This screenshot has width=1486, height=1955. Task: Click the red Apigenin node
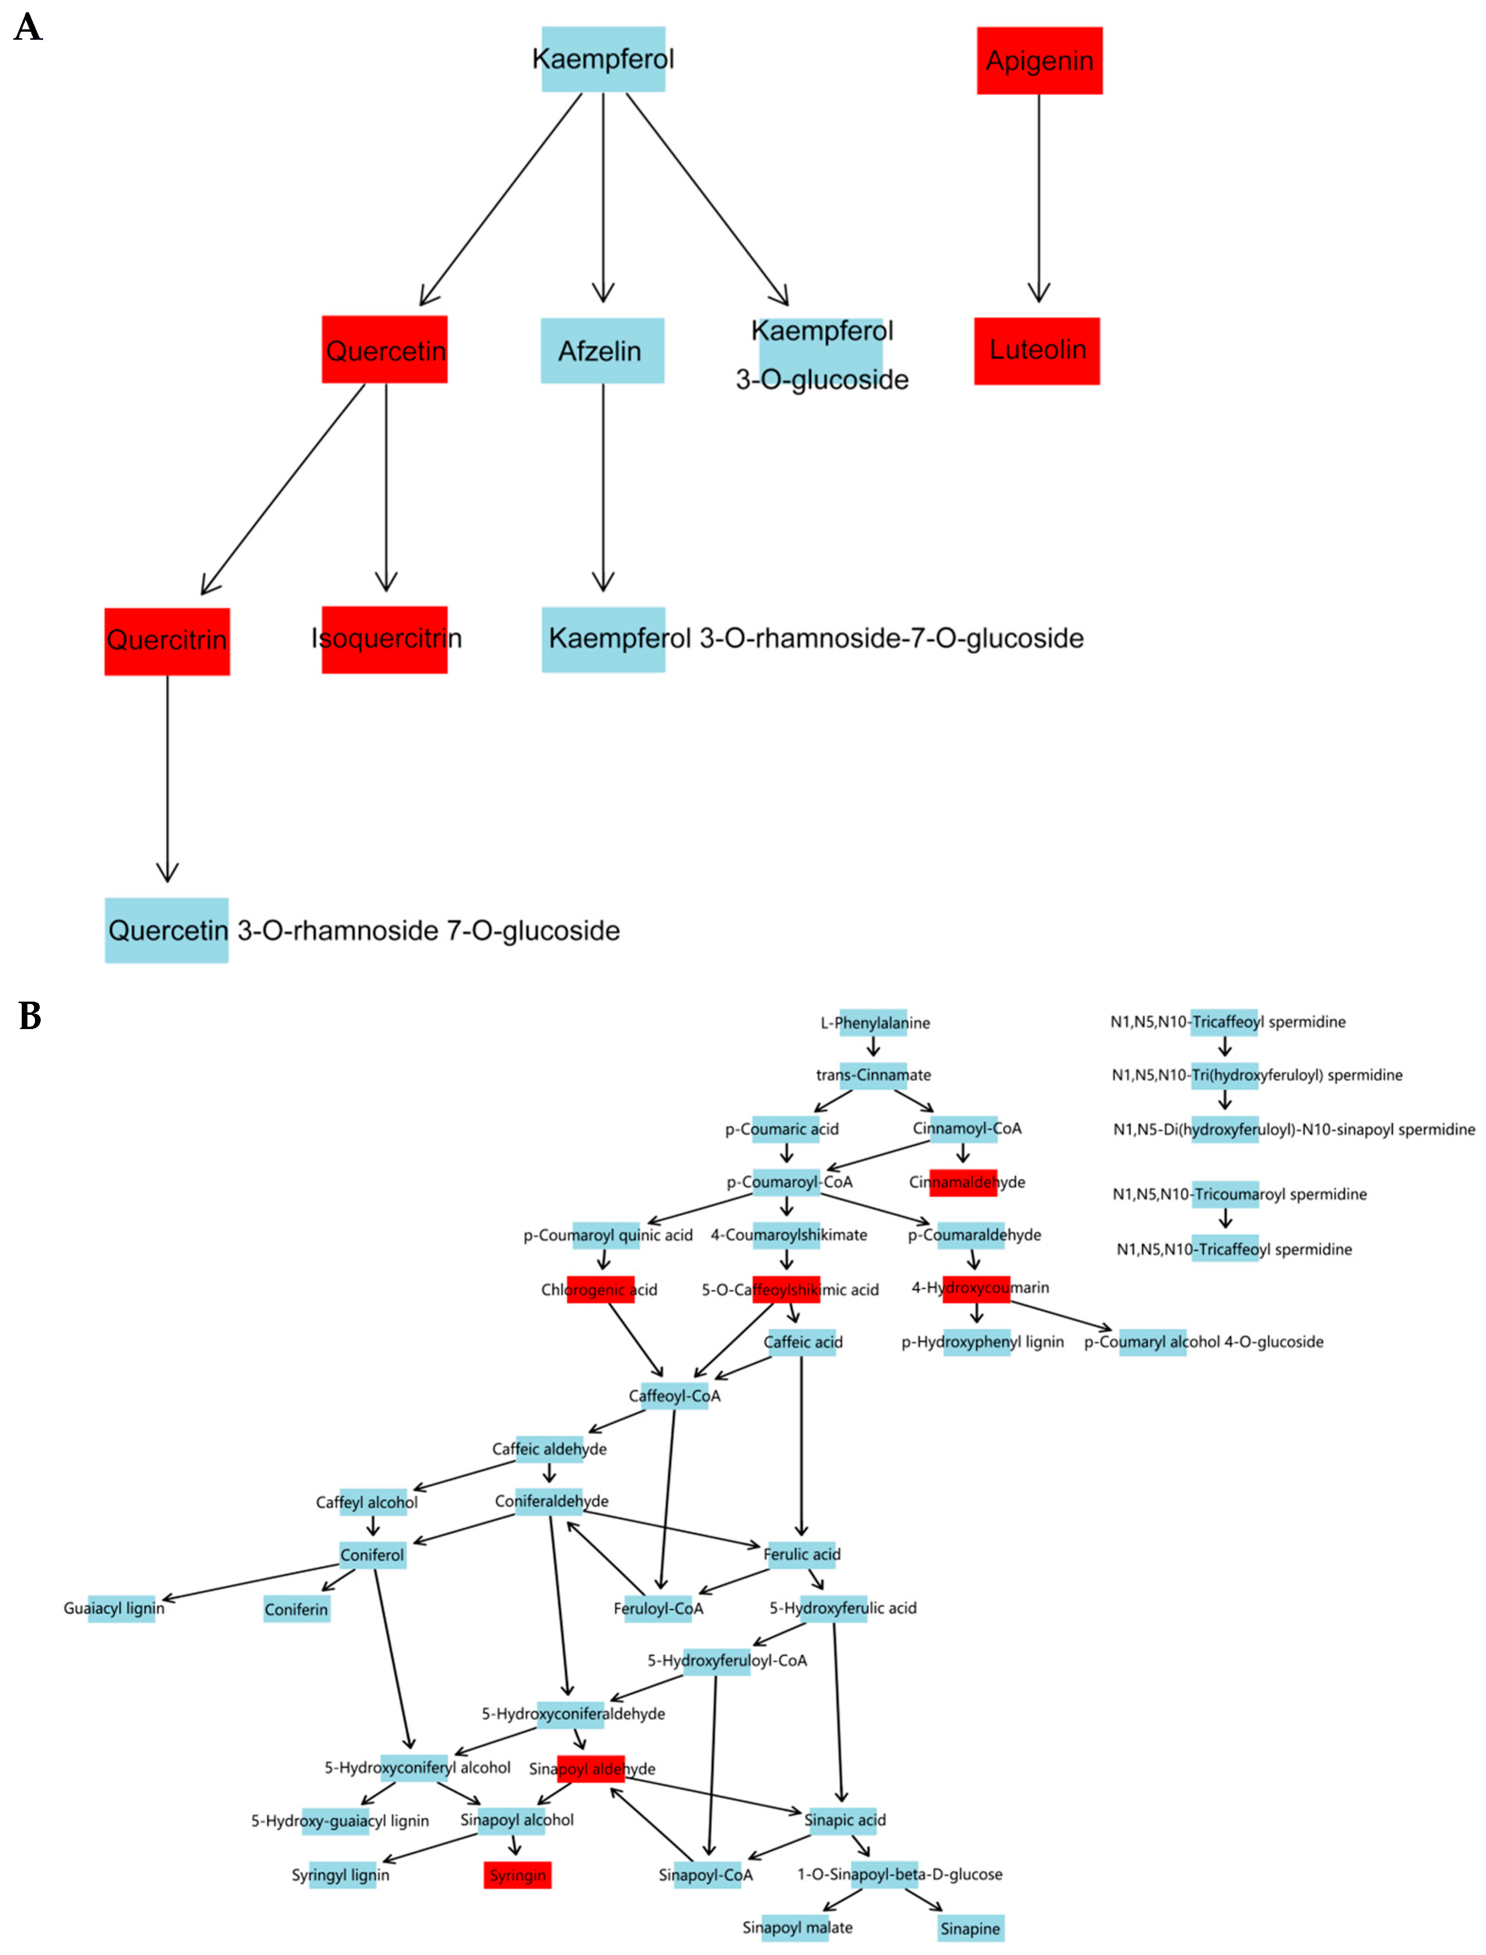click(1039, 60)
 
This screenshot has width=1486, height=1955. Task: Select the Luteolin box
click(1037, 350)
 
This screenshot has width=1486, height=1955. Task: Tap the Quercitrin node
click(167, 640)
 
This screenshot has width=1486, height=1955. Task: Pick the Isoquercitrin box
click(385, 639)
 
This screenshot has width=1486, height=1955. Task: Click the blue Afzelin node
click(601, 350)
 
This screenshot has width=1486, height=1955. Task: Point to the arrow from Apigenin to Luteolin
click(1039, 199)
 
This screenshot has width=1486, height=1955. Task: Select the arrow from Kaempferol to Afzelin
click(603, 199)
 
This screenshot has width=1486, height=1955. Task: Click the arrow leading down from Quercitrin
click(167, 778)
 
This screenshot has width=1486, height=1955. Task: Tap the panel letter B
click(30, 1016)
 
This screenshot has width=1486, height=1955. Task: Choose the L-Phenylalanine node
click(874, 1022)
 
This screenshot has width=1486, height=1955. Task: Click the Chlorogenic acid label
click(600, 1290)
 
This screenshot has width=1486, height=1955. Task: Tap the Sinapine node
click(970, 1929)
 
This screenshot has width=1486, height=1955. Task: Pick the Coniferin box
click(296, 1609)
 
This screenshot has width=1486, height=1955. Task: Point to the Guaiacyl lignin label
click(114, 1608)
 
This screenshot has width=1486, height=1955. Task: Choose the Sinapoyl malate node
click(797, 1928)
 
